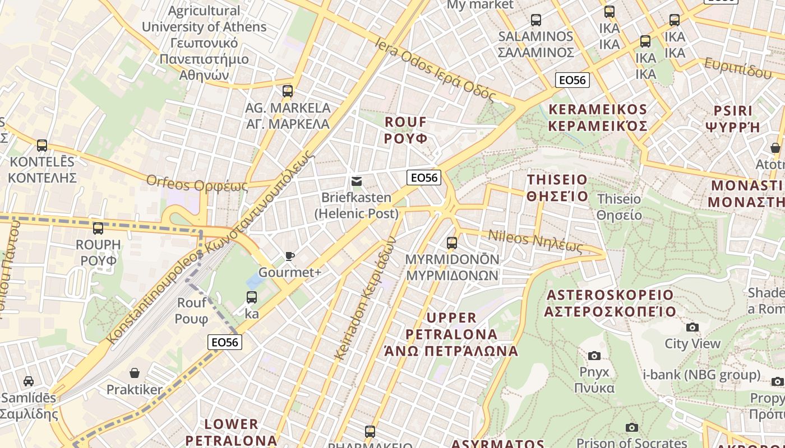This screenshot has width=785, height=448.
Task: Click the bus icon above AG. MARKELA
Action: [x=288, y=91]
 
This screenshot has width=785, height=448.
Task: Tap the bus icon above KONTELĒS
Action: [x=42, y=146]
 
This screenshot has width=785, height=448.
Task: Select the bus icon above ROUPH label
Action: [x=98, y=228]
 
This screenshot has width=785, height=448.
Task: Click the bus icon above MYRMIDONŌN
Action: [x=452, y=243]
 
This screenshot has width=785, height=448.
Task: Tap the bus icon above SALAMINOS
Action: [x=536, y=20]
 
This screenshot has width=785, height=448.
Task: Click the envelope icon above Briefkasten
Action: [x=356, y=181]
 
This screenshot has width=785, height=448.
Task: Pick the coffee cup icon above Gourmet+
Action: [x=289, y=256]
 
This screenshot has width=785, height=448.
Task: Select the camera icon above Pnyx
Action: [x=594, y=356]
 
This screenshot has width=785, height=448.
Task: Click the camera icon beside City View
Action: [x=692, y=327]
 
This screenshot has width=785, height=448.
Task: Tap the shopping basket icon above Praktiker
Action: [x=135, y=373]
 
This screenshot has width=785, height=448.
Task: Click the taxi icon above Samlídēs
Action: [x=29, y=381]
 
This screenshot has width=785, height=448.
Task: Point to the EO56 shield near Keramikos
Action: [x=572, y=80]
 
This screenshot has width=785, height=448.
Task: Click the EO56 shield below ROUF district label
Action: [x=424, y=178]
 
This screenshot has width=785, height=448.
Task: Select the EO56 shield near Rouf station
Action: [x=225, y=342]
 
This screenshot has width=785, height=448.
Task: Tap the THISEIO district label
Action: [x=557, y=188]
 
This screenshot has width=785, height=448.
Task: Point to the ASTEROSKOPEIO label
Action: [x=610, y=303]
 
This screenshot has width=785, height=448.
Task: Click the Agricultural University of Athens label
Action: [x=204, y=43]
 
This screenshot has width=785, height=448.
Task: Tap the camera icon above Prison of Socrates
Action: [x=632, y=428]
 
